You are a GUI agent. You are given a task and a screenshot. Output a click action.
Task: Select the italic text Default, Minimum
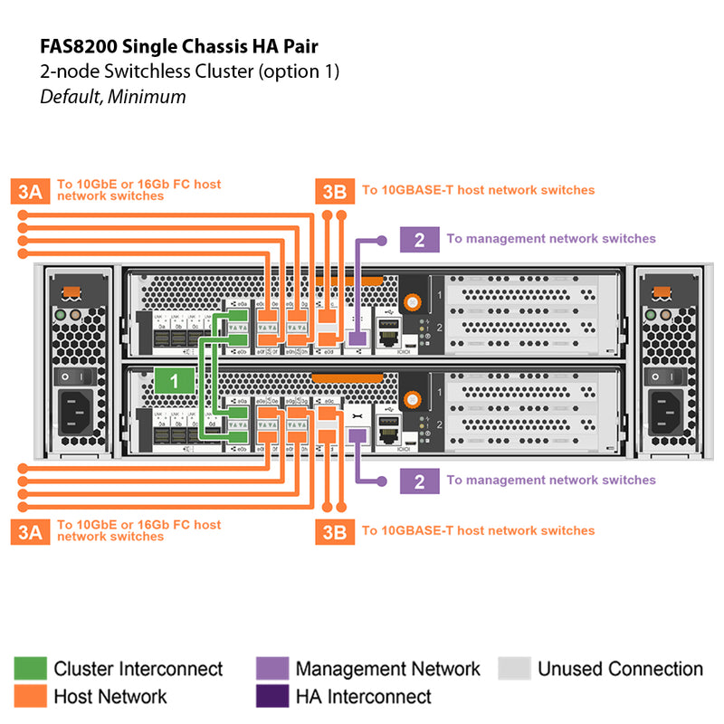112,96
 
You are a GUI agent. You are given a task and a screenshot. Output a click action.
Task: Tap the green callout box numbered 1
176,381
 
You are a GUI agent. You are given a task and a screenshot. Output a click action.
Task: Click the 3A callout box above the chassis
30,190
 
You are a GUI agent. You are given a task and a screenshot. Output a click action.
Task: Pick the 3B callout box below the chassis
334,531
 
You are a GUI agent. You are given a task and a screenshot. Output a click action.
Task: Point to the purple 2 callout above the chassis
419,240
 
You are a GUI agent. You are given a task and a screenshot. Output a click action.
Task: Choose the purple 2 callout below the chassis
419,481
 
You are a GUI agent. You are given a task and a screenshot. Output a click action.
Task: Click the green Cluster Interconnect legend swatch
30,669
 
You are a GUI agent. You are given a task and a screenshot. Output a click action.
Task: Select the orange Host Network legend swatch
30,696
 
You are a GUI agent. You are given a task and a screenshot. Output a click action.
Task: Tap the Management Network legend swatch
271,669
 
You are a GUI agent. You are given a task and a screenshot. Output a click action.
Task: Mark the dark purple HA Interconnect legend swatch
271,696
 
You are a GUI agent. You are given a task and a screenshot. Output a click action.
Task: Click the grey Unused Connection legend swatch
513,669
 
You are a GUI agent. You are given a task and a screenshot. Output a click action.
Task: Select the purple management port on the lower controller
357,435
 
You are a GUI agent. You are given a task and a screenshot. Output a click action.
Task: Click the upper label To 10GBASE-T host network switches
478,190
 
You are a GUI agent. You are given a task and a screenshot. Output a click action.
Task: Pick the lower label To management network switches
550,481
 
